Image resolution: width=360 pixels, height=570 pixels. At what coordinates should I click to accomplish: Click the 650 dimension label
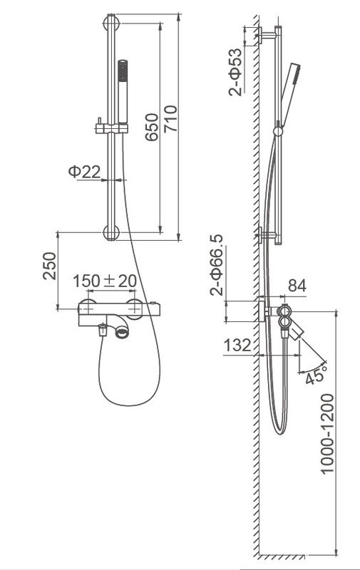pos(151,128)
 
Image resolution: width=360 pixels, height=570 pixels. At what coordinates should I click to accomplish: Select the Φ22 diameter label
pos(84,171)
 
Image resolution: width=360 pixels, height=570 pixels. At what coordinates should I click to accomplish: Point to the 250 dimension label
pos(49,266)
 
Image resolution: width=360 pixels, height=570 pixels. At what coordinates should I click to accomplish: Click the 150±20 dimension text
pos(106,281)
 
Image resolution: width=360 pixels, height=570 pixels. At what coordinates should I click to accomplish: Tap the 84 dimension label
pos(297,286)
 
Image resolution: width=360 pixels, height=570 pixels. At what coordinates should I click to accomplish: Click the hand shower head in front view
pos(123,79)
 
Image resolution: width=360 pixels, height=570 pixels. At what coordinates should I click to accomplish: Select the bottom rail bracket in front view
pos(111,232)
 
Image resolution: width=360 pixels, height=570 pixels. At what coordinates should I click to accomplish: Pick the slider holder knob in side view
pos(278,130)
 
